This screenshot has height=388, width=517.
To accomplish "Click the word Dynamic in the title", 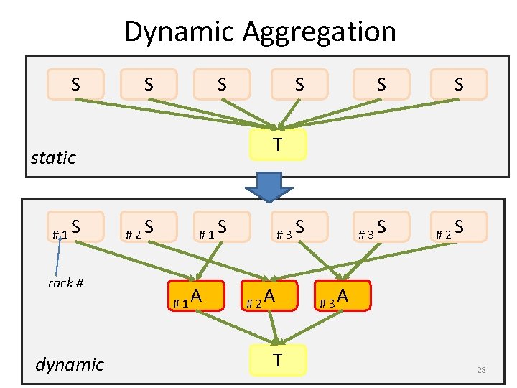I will [180, 32].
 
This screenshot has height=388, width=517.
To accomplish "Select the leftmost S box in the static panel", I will [75, 84].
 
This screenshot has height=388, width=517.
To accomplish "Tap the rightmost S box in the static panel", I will [459, 84].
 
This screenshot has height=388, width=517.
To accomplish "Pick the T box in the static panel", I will [277, 144].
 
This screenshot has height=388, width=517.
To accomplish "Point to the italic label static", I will [53, 158].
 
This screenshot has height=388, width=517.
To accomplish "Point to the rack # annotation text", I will [65, 282].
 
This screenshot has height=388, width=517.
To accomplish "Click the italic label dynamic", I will [69, 364].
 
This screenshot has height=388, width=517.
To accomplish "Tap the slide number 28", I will [481, 370].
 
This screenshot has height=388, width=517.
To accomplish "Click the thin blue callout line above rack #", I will [60, 255].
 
